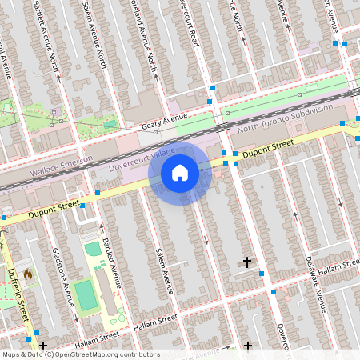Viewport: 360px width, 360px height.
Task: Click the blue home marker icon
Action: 180,173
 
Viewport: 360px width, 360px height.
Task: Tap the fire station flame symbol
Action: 28,275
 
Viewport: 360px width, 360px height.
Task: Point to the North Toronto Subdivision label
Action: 283,116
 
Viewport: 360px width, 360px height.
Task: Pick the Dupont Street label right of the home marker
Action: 269,147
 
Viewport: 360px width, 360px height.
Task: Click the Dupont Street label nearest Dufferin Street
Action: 54,210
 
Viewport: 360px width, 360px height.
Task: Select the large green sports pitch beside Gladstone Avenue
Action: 84,294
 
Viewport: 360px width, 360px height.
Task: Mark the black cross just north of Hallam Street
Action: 246,262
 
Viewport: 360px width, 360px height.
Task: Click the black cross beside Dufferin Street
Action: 42,345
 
